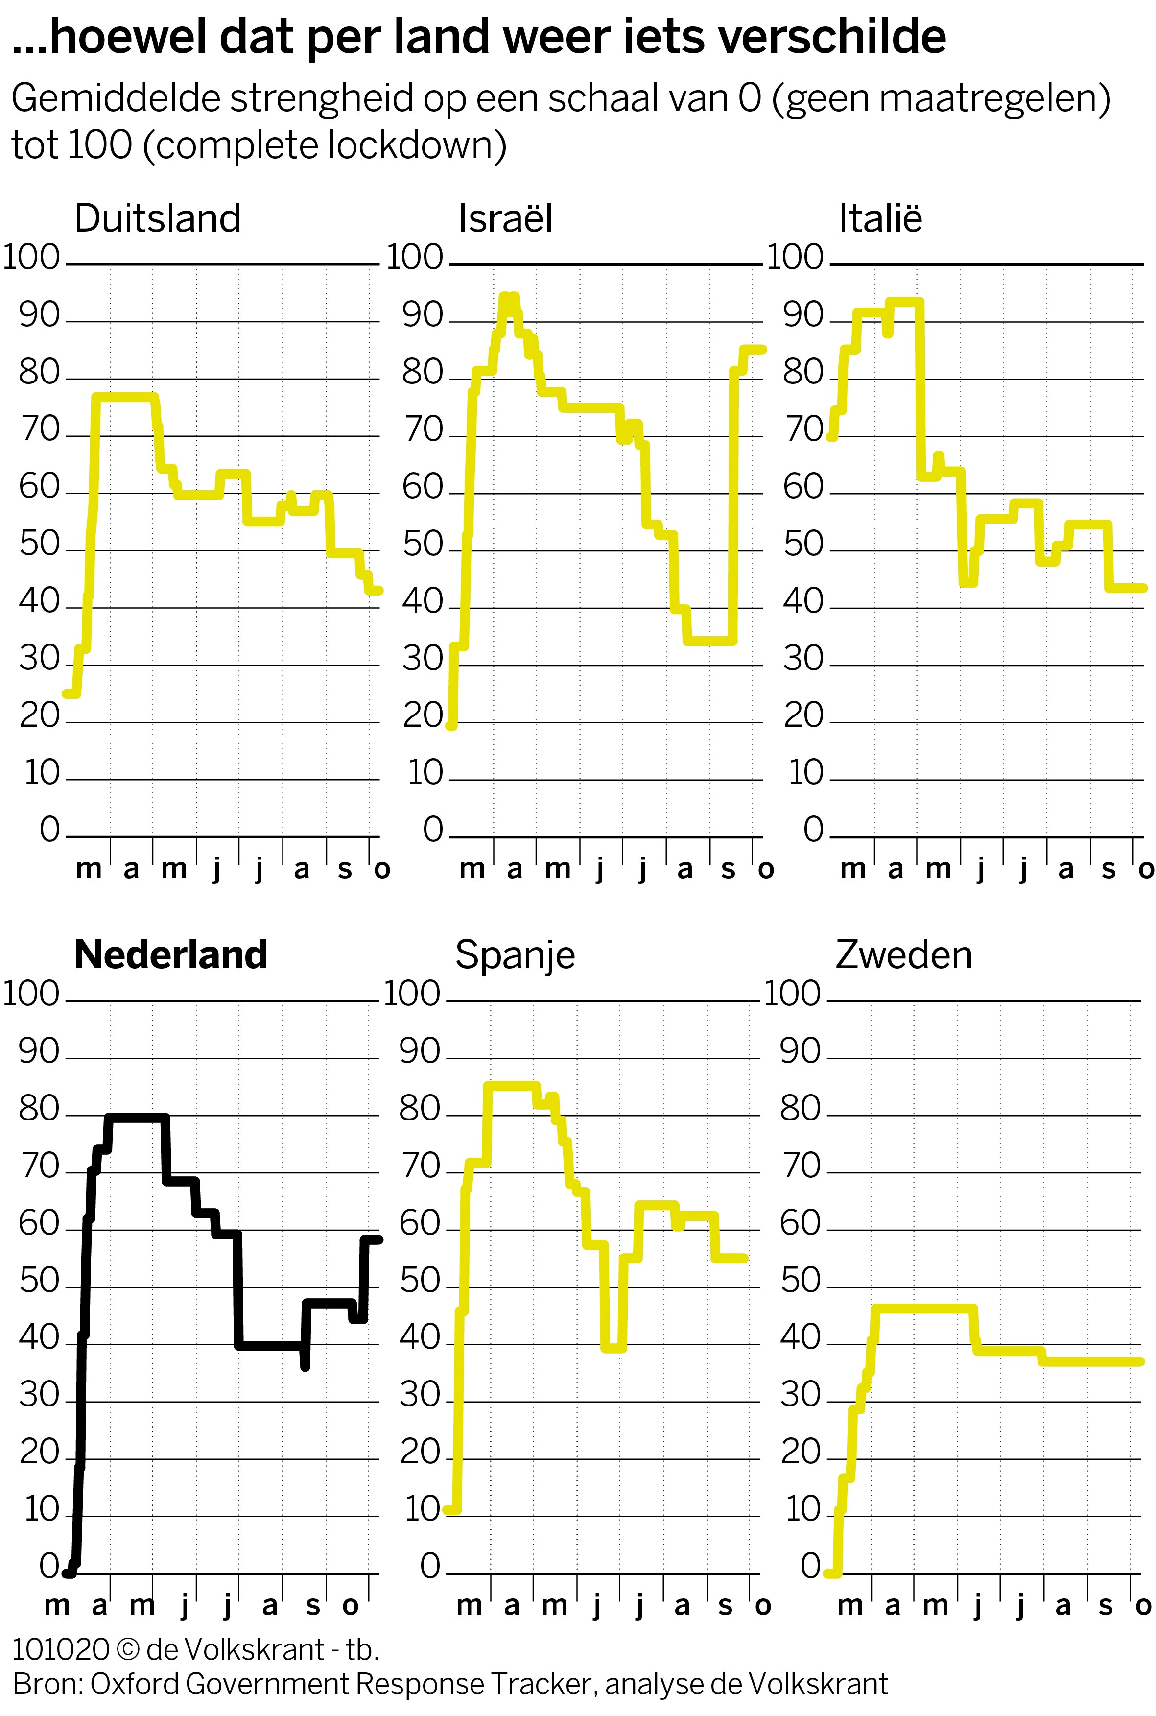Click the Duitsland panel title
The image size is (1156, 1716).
click(x=157, y=218)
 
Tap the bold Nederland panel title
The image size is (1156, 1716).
click(x=170, y=955)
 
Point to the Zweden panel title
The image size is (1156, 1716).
click(x=903, y=955)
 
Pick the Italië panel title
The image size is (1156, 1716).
click(x=880, y=218)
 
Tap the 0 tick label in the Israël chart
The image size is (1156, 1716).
click(x=433, y=831)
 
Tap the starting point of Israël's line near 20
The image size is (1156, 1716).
click(x=452, y=726)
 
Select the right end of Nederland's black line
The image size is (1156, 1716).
click(x=379, y=1239)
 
